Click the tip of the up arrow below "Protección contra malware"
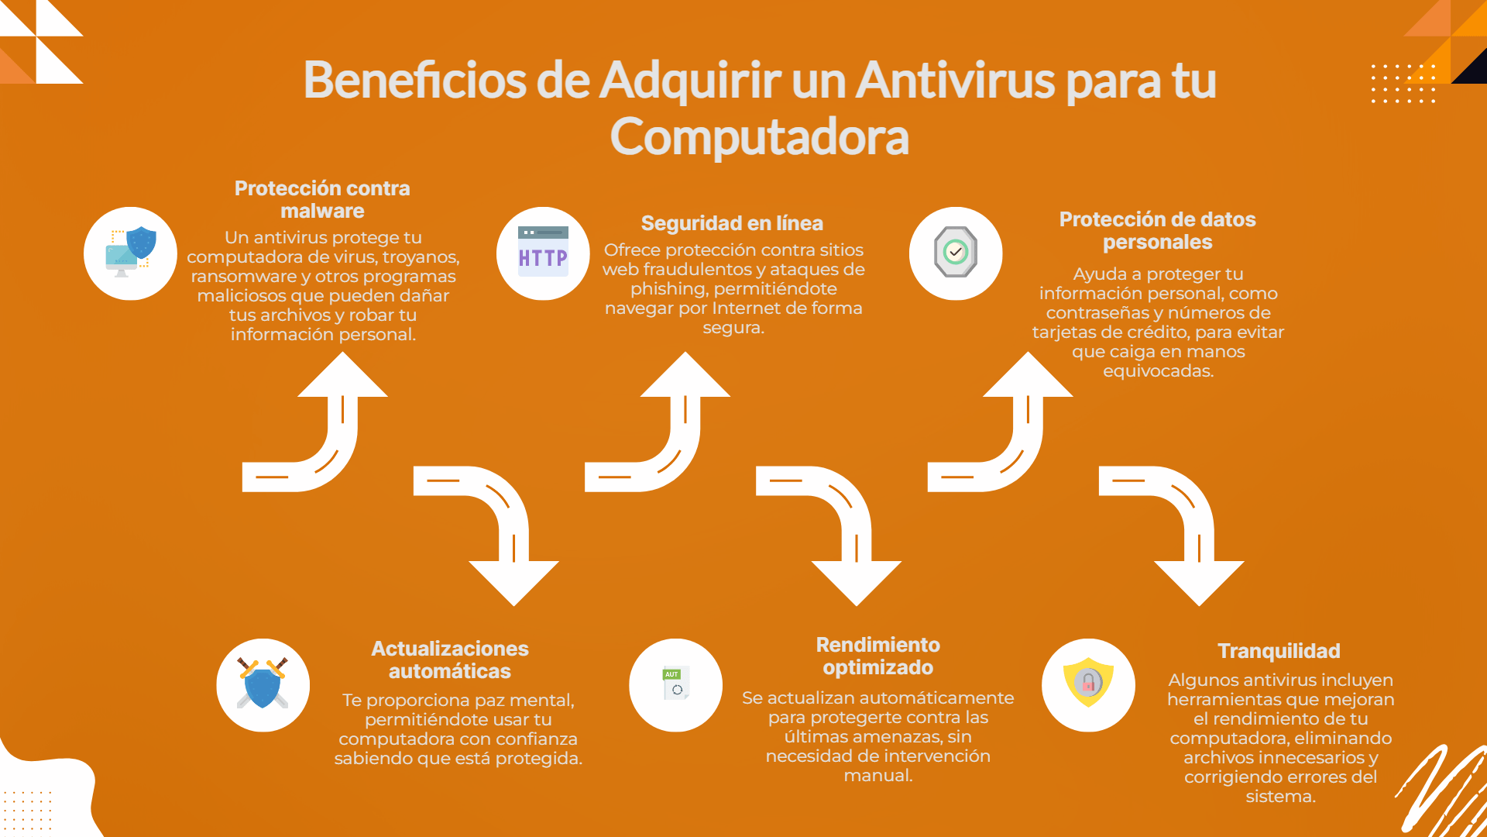click(x=342, y=353)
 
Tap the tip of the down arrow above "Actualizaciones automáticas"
click(x=513, y=605)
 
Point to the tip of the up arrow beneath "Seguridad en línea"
click(x=685, y=353)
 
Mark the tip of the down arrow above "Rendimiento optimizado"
click(x=857, y=605)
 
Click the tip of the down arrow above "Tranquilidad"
click(x=1199, y=605)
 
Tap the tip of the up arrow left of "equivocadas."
click(x=1028, y=353)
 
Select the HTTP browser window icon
click(x=543, y=252)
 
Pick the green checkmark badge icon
click(x=956, y=252)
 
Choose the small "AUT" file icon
click(x=675, y=683)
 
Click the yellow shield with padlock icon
click(x=1088, y=682)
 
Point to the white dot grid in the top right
click(x=1403, y=84)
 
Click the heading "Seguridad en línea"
click(x=732, y=223)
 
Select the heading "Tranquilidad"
click(x=1279, y=651)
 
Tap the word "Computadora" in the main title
click(x=759, y=137)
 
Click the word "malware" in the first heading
click(x=322, y=211)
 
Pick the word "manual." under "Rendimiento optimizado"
click(x=878, y=775)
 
